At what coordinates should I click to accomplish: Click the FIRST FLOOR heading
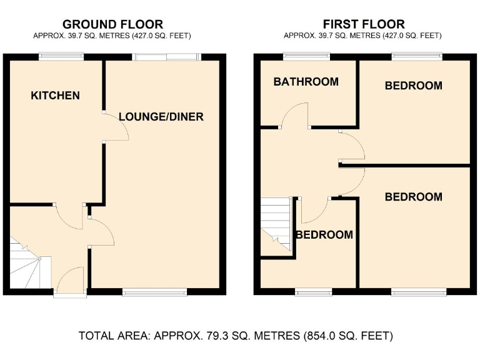click(x=362, y=25)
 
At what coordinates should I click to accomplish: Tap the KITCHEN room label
click(x=56, y=96)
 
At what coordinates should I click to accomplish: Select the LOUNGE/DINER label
click(x=161, y=117)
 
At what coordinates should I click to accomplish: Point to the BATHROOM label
click(x=306, y=82)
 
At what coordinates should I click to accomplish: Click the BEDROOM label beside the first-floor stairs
click(x=324, y=235)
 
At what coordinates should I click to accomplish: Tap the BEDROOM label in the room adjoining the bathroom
click(x=413, y=86)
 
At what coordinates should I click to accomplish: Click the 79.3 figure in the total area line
click(x=219, y=336)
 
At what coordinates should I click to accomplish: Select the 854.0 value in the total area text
click(x=320, y=336)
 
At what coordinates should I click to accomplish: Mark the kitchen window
click(x=61, y=57)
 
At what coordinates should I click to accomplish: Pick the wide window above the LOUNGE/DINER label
click(x=166, y=57)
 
